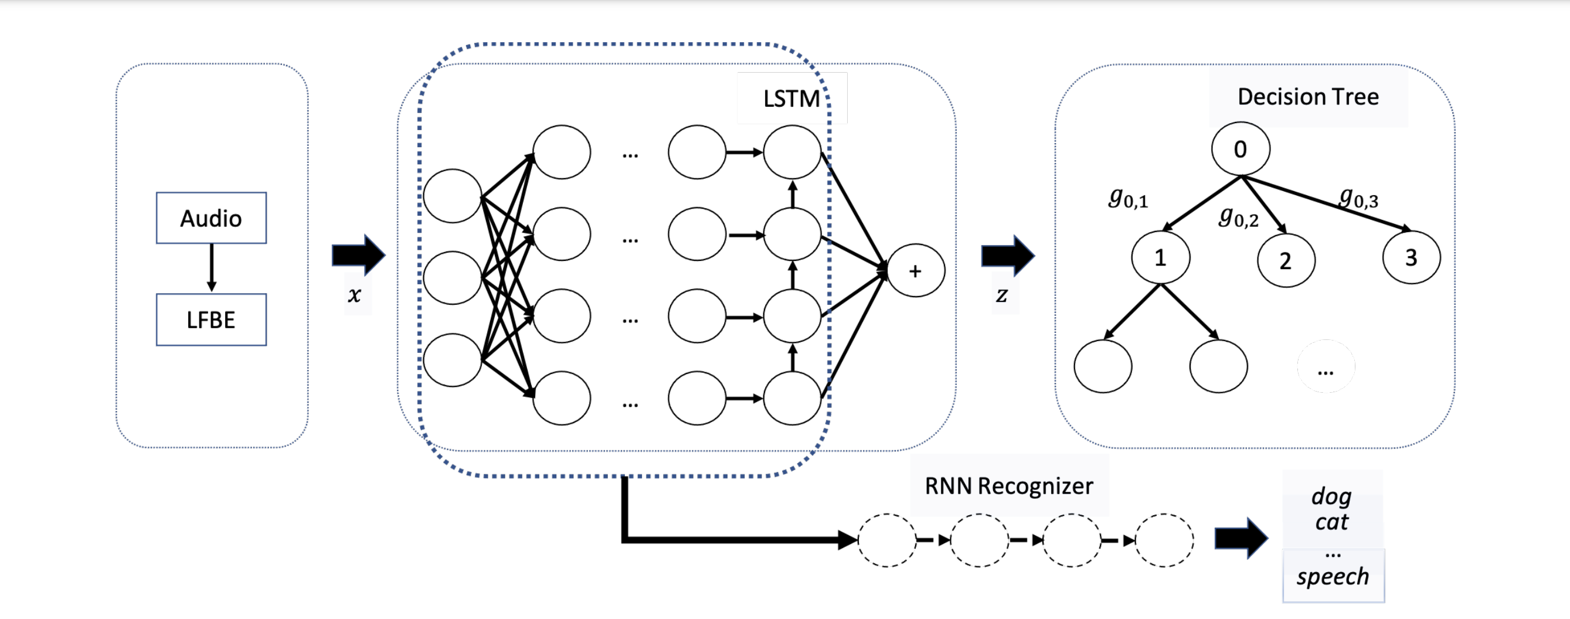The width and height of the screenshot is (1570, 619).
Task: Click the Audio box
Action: (x=211, y=218)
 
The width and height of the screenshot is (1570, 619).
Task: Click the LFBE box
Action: (x=211, y=320)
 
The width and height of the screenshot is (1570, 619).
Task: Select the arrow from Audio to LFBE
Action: (x=212, y=268)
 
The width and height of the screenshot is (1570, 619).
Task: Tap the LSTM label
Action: (x=791, y=98)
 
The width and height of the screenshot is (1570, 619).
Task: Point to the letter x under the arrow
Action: (x=355, y=295)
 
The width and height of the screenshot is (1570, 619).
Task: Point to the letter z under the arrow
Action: (x=1002, y=295)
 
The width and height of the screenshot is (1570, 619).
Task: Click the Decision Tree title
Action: (x=1308, y=97)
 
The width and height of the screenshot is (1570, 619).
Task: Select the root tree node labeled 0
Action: (x=1241, y=149)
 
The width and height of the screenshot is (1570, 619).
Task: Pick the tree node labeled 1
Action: (x=1160, y=258)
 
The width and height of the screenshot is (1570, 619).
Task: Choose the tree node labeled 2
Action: (x=1286, y=261)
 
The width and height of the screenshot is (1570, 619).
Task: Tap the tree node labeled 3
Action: (x=1411, y=258)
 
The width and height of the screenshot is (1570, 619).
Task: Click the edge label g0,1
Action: (x=1127, y=198)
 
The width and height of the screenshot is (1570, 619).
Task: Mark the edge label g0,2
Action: (x=1238, y=217)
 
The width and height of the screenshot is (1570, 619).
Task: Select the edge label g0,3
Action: (x=1358, y=198)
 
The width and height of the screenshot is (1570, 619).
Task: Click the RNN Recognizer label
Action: (x=1009, y=486)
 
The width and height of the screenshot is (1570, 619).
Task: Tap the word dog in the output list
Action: (x=1332, y=496)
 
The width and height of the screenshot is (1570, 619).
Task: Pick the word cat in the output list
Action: (x=1332, y=522)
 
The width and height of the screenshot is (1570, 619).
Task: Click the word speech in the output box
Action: (x=1333, y=576)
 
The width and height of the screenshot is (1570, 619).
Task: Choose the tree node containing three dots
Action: (x=1326, y=367)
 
